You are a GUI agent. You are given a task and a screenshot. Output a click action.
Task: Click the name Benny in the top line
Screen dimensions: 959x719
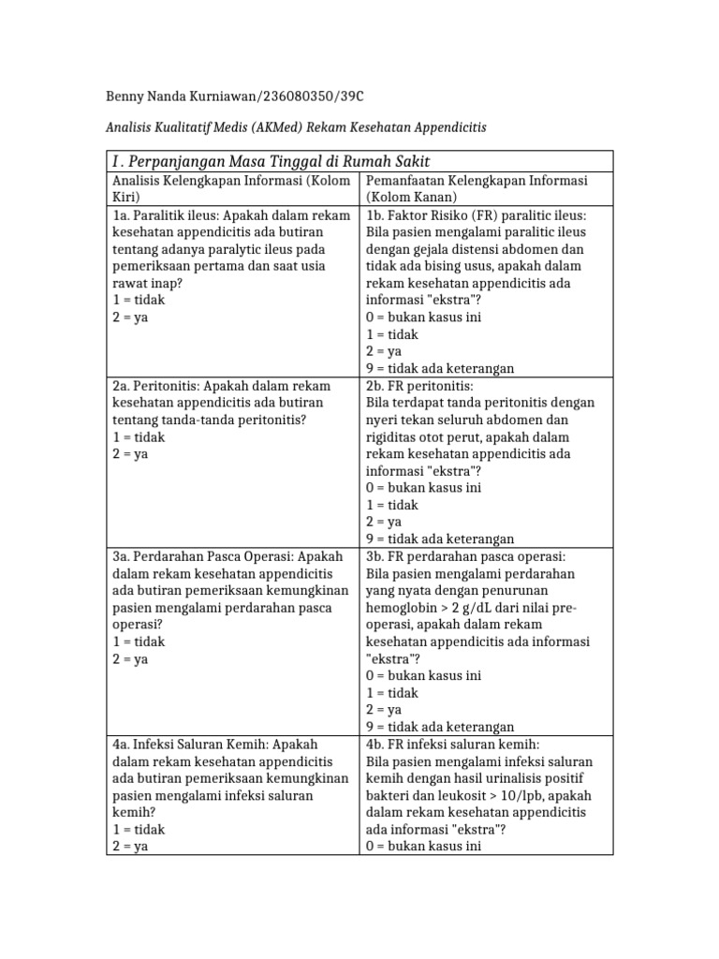point(120,97)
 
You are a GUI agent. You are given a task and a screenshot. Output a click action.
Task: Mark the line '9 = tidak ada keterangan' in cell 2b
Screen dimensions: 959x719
point(440,539)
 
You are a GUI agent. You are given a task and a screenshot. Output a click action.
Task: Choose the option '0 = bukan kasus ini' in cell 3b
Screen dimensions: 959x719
point(423,675)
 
